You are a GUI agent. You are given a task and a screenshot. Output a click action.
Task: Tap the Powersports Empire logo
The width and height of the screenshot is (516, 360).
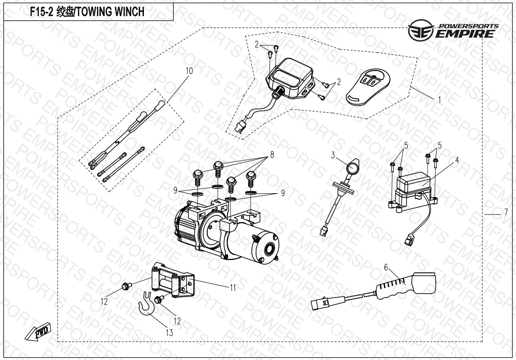[453, 31]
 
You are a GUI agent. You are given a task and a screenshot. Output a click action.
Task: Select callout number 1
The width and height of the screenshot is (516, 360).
[439, 100]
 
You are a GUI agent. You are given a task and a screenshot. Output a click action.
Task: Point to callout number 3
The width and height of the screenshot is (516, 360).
[333, 155]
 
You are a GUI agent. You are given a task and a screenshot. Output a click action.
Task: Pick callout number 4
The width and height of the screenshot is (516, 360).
[456, 160]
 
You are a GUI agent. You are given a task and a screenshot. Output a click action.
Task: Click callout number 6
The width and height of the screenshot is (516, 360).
[386, 268]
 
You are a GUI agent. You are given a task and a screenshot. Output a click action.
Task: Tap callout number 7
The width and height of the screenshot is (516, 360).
[505, 211]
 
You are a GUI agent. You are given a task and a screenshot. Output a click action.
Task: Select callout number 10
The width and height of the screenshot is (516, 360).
[189, 71]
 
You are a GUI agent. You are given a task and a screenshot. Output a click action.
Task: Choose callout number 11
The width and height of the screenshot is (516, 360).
[232, 287]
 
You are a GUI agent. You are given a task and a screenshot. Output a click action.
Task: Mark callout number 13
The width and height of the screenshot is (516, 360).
[169, 333]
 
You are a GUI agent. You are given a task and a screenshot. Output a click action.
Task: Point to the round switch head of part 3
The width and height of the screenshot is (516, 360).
[353, 168]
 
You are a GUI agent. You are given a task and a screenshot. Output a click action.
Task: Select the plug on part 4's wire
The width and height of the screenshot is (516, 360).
[408, 239]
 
